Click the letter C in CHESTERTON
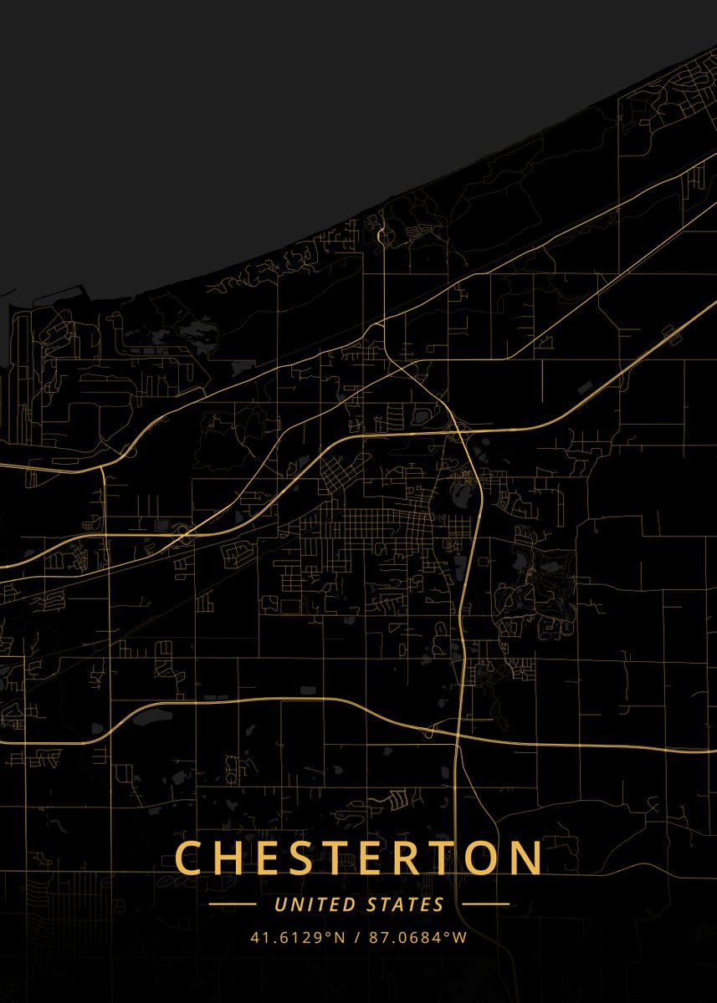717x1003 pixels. pos(190,858)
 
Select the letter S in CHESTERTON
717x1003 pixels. pos(304,858)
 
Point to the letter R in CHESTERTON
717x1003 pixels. pos(412,858)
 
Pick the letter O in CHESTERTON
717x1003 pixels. pos(485,858)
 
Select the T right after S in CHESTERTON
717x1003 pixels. pos(340,858)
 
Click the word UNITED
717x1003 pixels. pos(309,904)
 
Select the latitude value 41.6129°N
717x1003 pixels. pos(297,938)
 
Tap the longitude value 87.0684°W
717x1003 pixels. pos(417,938)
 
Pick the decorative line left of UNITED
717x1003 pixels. pos(232,904)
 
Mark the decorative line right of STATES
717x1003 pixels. pos(485,904)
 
